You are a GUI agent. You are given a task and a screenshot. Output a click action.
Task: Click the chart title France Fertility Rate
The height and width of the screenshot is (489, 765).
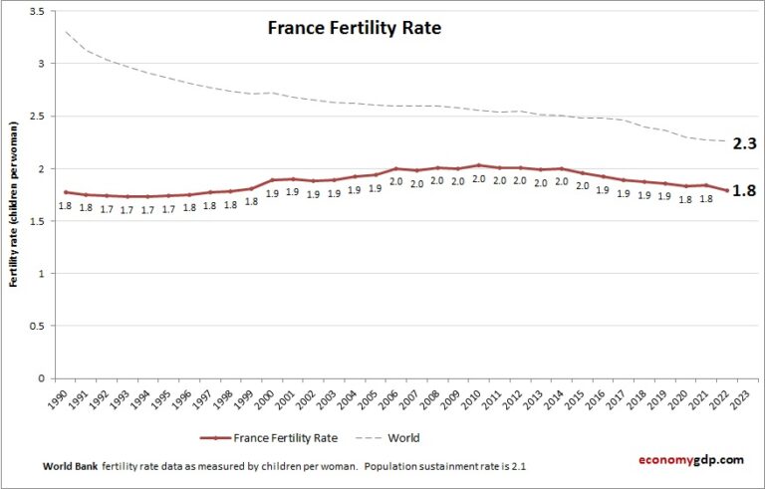pyautogui.click(x=354, y=28)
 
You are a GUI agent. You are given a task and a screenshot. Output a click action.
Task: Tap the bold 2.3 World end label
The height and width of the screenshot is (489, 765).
pyautogui.click(x=745, y=143)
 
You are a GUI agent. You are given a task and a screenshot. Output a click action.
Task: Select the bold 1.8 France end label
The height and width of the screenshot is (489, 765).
pyautogui.click(x=745, y=191)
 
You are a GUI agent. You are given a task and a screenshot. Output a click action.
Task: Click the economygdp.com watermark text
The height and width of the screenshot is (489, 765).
pyautogui.click(x=690, y=459)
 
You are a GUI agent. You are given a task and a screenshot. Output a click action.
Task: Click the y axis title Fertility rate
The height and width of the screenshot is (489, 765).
pyautogui.click(x=14, y=204)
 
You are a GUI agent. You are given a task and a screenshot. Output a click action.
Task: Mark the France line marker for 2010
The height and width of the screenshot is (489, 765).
pyautogui.click(x=478, y=165)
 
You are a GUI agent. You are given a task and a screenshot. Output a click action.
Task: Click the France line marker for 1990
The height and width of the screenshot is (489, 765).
pyautogui.click(x=65, y=192)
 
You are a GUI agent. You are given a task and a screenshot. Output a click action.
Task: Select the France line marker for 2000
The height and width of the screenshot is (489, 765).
pyautogui.click(x=272, y=180)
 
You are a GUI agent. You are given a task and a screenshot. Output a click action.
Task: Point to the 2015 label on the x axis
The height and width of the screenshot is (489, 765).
pyautogui.click(x=585, y=398)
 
